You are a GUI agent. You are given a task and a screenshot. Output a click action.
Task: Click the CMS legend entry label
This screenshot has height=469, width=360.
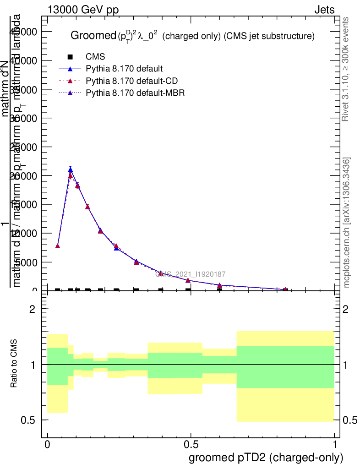click(x=95, y=57)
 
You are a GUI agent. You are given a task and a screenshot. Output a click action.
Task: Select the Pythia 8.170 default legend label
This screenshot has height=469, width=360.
click(x=124, y=69)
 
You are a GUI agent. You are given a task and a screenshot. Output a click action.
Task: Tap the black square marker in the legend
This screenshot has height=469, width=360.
click(x=70, y=57)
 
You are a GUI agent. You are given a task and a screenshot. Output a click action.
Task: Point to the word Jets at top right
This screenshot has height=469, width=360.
click(x=324, y=10)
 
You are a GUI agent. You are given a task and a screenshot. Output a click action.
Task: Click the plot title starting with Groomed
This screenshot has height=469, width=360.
click(x=192, y=36)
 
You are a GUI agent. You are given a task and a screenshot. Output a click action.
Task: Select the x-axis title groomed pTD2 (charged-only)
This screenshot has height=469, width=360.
click(x=266, y=457)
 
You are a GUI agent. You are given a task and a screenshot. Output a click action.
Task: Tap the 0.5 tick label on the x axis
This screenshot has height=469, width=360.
click(x=191, y=445)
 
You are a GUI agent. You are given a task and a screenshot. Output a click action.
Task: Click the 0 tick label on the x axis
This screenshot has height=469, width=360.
click(x=47, y=445)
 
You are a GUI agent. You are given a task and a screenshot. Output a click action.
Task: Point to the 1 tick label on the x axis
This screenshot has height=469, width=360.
click(x=335, y=445)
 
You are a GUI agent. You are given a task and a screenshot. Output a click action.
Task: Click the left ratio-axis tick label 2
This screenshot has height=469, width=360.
click(x=33, y=309)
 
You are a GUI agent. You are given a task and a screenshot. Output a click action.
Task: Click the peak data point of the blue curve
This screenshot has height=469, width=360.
click(x=71, y=169)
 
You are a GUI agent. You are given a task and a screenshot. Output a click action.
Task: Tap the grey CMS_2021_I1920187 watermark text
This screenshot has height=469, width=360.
click(x=190, y=274)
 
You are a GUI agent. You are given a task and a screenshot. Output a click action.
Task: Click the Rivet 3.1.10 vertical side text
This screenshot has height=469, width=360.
click(x=346, y=70)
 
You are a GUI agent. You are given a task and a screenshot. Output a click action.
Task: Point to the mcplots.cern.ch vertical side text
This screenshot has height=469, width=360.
click(x=347, y=223)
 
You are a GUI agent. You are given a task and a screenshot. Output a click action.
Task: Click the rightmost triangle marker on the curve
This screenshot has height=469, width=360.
click(x=285, y=290)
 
